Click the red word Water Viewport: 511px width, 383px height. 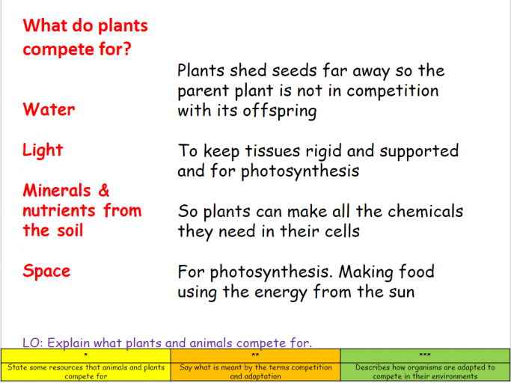(49, 109)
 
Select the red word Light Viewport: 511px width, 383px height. (43, 150)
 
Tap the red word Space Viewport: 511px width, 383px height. (46, 272)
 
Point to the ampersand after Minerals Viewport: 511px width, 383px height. (104, 190)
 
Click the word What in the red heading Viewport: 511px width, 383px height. (45, 25)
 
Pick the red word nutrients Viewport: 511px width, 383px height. (59, 211)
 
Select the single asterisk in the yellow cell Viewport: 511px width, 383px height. (85, 355)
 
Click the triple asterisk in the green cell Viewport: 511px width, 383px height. (425, 355)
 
